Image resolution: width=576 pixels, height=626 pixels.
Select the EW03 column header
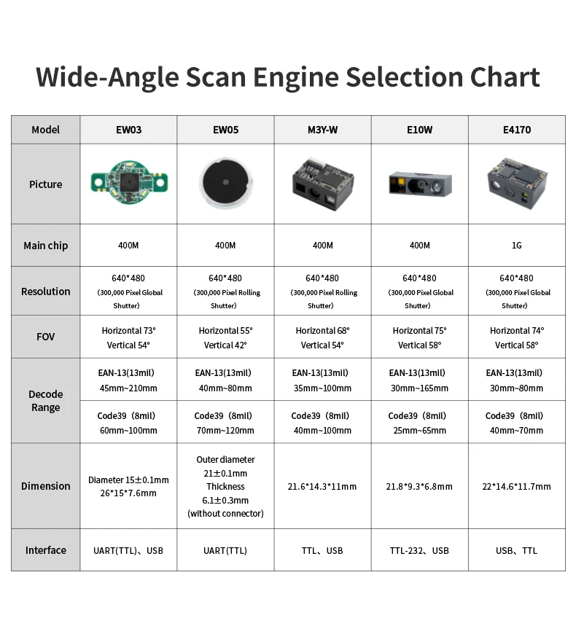coord(128,130)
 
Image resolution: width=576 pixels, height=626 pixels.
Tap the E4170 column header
coord(516,130)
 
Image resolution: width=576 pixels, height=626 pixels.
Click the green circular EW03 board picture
coord(128,183)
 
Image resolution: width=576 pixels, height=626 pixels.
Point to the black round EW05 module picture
coord(225,183)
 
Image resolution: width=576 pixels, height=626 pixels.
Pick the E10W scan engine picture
coord(419,183)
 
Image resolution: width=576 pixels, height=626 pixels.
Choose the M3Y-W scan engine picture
coord(323,184)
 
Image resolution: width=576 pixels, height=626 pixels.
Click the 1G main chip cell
coord(516,246)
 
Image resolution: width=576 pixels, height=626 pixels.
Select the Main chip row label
coord(45,246)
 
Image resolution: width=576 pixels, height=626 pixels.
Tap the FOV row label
coord(45,337)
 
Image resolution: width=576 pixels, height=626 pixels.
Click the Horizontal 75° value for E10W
coord(419,330)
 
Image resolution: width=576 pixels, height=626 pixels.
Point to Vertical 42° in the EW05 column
coord(225,345)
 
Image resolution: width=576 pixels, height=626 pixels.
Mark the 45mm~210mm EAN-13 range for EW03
coord(128,388)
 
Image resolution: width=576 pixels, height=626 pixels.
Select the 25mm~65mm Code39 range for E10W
coord(419,430)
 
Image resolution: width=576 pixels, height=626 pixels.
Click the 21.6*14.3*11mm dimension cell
coord(323,486)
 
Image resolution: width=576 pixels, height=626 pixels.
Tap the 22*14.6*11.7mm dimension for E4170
coord(516,486)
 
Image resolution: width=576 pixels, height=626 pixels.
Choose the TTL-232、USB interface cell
coord(419,550)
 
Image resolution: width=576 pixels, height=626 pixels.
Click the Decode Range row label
coord(45,401)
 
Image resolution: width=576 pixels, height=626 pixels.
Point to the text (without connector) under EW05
coord(225,514)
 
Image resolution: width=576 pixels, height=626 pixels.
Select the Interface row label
coord(45,550)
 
